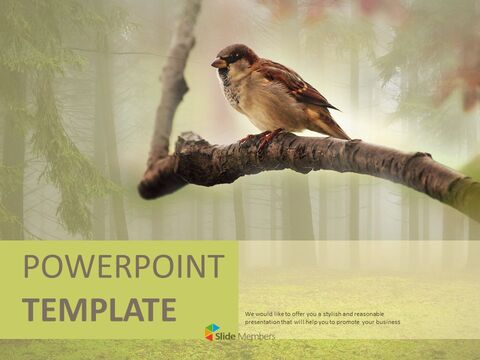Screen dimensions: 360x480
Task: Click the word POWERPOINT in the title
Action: pos(123,267)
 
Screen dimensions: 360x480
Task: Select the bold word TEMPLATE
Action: pos(99,309)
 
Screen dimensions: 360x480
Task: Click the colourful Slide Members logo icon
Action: pos(211,331)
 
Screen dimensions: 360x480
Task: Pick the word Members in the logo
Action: pos(257,335)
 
